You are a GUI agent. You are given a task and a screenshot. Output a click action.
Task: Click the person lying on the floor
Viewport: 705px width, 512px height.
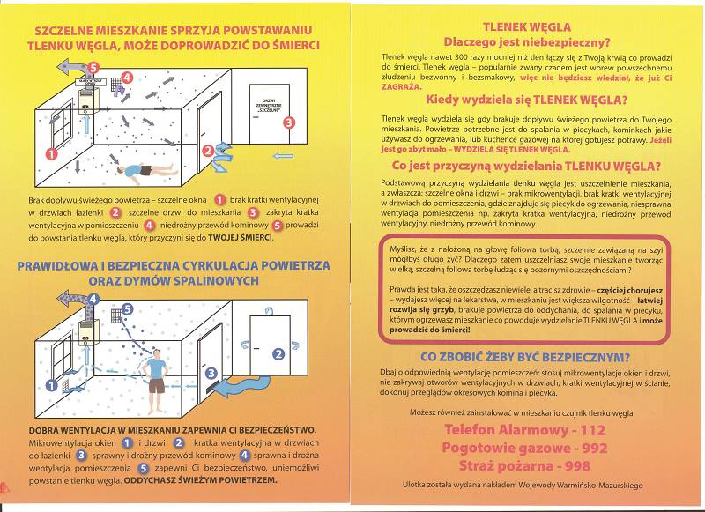click(139, 170)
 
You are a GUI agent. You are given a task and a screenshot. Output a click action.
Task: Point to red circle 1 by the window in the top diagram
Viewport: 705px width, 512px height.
click(51, 152)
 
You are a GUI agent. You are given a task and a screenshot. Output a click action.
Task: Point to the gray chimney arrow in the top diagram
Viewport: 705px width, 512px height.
click(68, 67)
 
